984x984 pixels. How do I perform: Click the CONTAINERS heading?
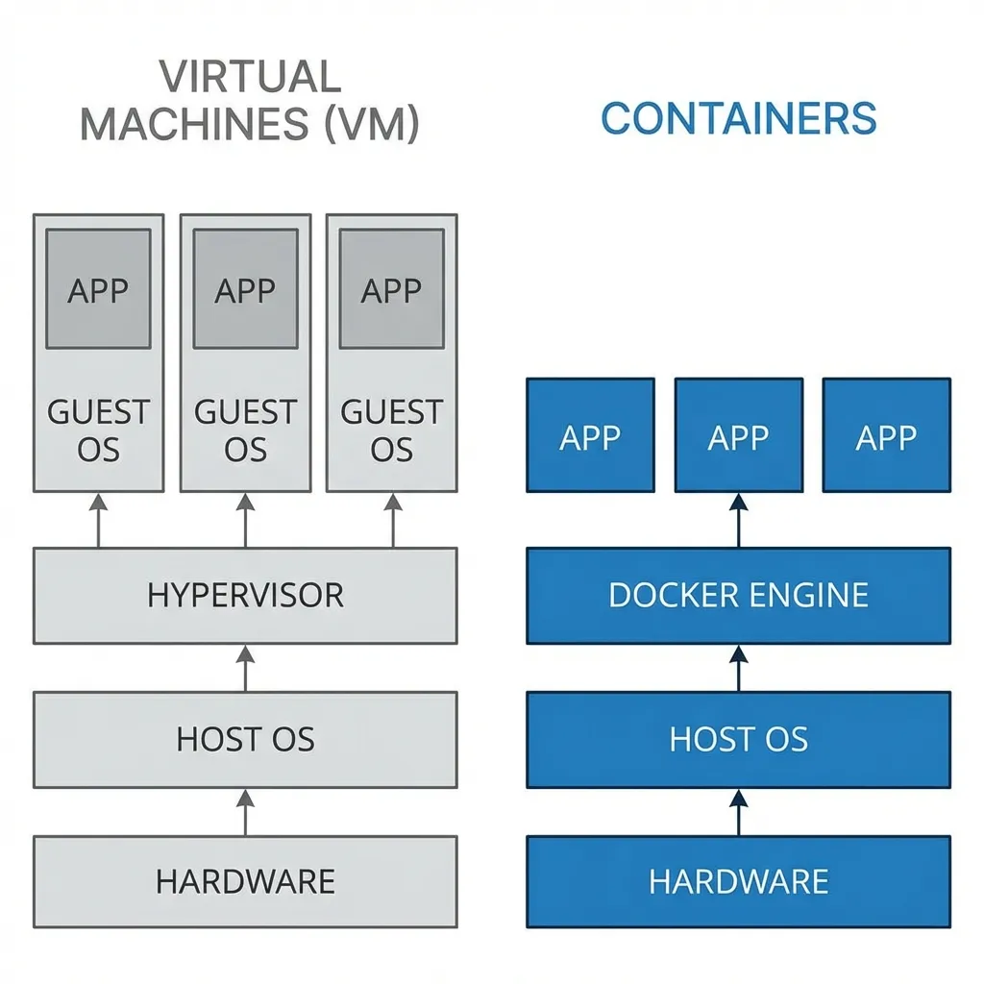click(x=738, y=118)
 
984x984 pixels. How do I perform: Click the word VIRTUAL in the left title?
click(x=250, y=77)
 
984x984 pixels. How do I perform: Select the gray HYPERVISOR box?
click(x=245, y=595)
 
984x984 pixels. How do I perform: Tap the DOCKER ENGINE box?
click(x=738, y=595)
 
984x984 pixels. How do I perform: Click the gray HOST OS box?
click(x=245, y=739)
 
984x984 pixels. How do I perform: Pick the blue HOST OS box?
click(x=738, y=739)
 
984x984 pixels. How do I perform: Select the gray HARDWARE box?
click(x=245, y=881)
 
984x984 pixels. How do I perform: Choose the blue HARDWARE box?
click(x=738, y=881)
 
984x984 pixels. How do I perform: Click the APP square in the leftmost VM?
click(x=98, y=289)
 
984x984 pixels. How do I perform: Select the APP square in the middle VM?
click(x=245, y=289)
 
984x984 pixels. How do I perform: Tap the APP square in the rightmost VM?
click(x=392, y=289)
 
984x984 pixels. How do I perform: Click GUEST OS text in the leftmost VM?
click(x=98, y=430)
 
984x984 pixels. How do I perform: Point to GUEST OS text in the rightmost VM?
click(x=392, y=430)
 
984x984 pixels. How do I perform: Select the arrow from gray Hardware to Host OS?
click(x=245, y=812)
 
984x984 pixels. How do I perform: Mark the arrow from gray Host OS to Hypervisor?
click(x=245, y=668)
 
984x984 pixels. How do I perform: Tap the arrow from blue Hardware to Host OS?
click(x=738, y=812)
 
